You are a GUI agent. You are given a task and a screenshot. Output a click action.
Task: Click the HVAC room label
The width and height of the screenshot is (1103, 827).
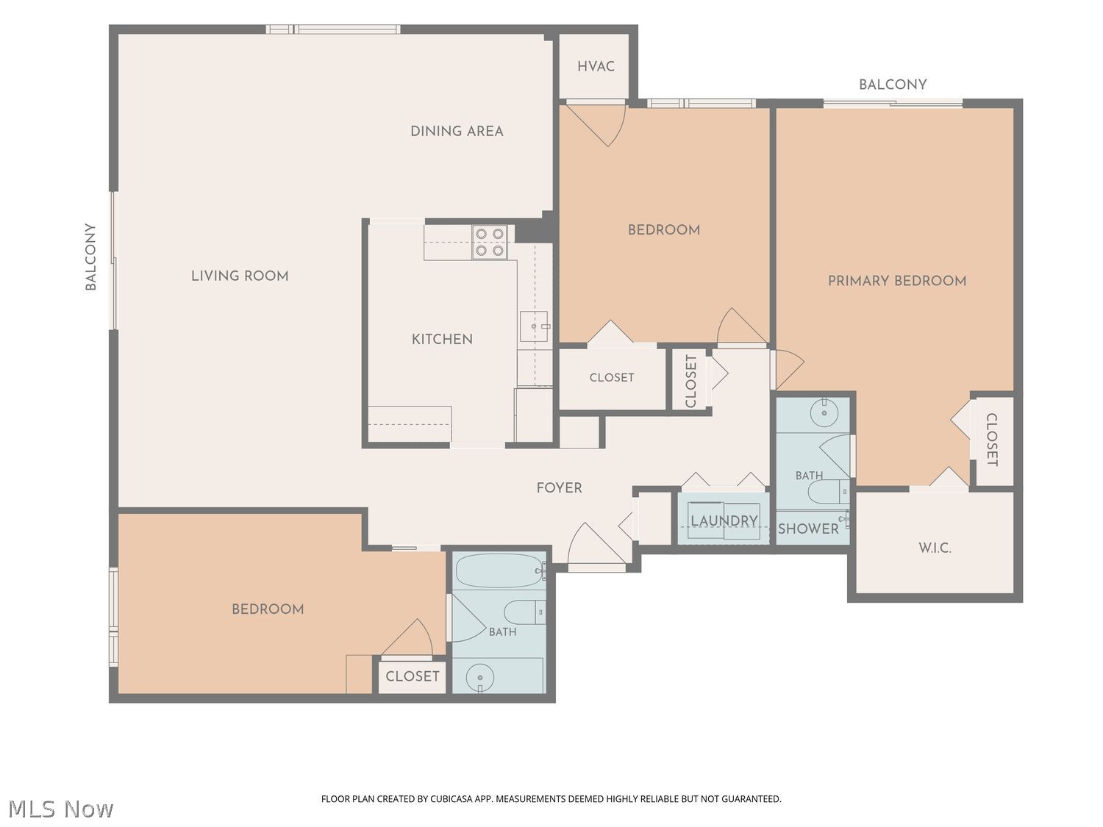coord(596,66)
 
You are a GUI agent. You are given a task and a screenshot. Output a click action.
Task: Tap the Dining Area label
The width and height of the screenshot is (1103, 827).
coord(457,131)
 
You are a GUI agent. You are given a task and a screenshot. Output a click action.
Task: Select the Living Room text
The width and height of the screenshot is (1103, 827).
coord(240,276)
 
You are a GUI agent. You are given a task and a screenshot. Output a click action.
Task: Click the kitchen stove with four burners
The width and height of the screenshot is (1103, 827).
coord(490,242)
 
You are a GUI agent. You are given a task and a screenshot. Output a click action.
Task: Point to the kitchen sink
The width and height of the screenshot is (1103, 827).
coord(534,326)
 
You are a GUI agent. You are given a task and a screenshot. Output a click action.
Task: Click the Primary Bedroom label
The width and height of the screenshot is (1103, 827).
coord(897,281)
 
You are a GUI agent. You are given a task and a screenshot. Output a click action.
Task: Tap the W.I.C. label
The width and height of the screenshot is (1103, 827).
coord(935,548)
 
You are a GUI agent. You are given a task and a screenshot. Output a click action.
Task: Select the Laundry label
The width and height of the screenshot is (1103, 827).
coord(724,520)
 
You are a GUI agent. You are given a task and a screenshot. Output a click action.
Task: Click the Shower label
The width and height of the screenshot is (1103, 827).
coord(808,529)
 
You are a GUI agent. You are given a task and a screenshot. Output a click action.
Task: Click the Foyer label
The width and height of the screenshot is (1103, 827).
coord(560,487)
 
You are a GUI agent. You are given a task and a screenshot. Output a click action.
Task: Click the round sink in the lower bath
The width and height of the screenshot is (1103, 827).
coord(480,678)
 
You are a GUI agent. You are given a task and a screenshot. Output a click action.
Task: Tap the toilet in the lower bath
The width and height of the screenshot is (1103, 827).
coord(524,612)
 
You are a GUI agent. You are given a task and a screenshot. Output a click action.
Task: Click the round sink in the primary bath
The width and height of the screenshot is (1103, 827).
coord(824,412)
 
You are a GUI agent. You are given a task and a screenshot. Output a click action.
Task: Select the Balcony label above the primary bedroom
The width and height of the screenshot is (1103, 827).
coord(893,85)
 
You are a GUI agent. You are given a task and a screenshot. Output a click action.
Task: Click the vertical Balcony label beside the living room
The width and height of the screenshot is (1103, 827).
coord(90,257)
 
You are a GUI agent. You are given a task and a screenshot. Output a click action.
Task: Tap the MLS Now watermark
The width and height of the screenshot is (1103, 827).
coord(60,809)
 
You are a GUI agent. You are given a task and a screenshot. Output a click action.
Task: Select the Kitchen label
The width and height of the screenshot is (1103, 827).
coord(442,340)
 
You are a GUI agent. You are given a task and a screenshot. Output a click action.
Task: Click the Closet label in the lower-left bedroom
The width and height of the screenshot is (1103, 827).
coord(413,676)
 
